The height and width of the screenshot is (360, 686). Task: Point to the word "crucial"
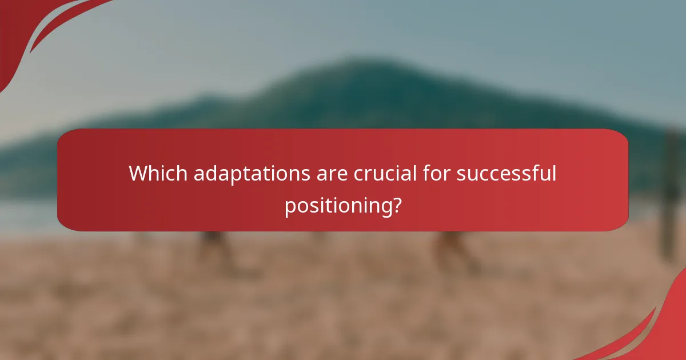(385, 173)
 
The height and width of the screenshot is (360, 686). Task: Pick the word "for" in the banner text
(436, 173)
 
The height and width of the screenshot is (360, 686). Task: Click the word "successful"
(506, 173)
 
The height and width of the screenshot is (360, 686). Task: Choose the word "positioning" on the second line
(337, 206)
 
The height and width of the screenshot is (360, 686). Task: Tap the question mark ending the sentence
(395, 205)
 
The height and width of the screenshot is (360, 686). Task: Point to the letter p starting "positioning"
(290, 207)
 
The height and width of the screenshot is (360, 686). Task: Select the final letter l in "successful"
(553, 173)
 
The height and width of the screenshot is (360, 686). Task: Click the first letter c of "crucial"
(358, 174)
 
